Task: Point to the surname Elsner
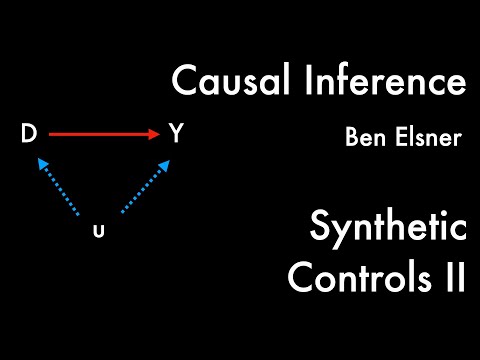pyautogui.click(x=428, y=137)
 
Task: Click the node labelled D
pyautogui.click(x=28, y=134)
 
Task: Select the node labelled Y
pyautogui.click(x=176, y=134)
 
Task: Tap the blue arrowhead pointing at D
pyautogui.click(x=43, y=164)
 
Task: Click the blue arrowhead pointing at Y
pyautogui.click(x=157, y=164)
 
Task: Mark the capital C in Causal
pyautogui.click(x=183, y=81)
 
